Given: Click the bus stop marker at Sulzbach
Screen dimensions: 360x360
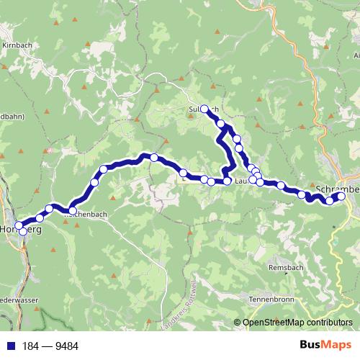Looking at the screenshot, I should click(204, 109).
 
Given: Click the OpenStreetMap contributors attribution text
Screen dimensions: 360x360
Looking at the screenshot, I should click(297, 323).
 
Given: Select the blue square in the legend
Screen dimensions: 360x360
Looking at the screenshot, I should click(9, 346).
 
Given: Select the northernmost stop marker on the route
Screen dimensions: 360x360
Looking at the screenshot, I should click(204, 109).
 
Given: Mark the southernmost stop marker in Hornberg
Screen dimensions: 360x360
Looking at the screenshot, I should click(22, 232).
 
